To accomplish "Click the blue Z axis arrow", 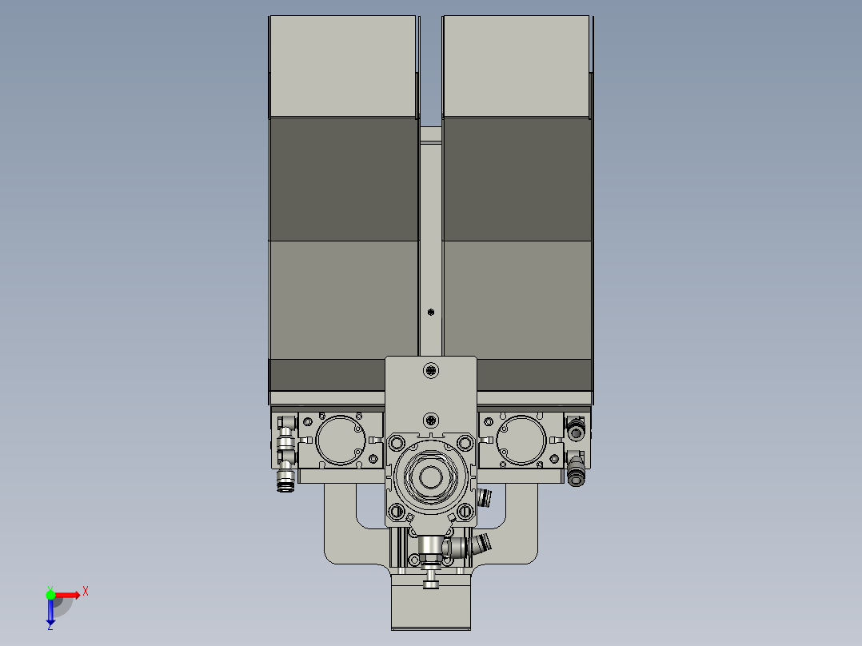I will [x=50, y=616].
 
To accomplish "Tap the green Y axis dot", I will [x=50, y=594].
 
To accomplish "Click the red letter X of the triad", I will [x=86, y=592].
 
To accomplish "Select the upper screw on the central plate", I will [x=432, y=370].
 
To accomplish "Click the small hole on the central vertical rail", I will [x=431, y=311].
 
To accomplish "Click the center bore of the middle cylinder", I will [x=431, y=478].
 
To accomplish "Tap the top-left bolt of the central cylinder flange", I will [x=397, y=442].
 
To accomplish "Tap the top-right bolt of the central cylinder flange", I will [x=465, y=442].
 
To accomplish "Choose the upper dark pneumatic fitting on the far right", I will [x=575, y=432].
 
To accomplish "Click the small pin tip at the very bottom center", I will [x=431, y=586].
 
